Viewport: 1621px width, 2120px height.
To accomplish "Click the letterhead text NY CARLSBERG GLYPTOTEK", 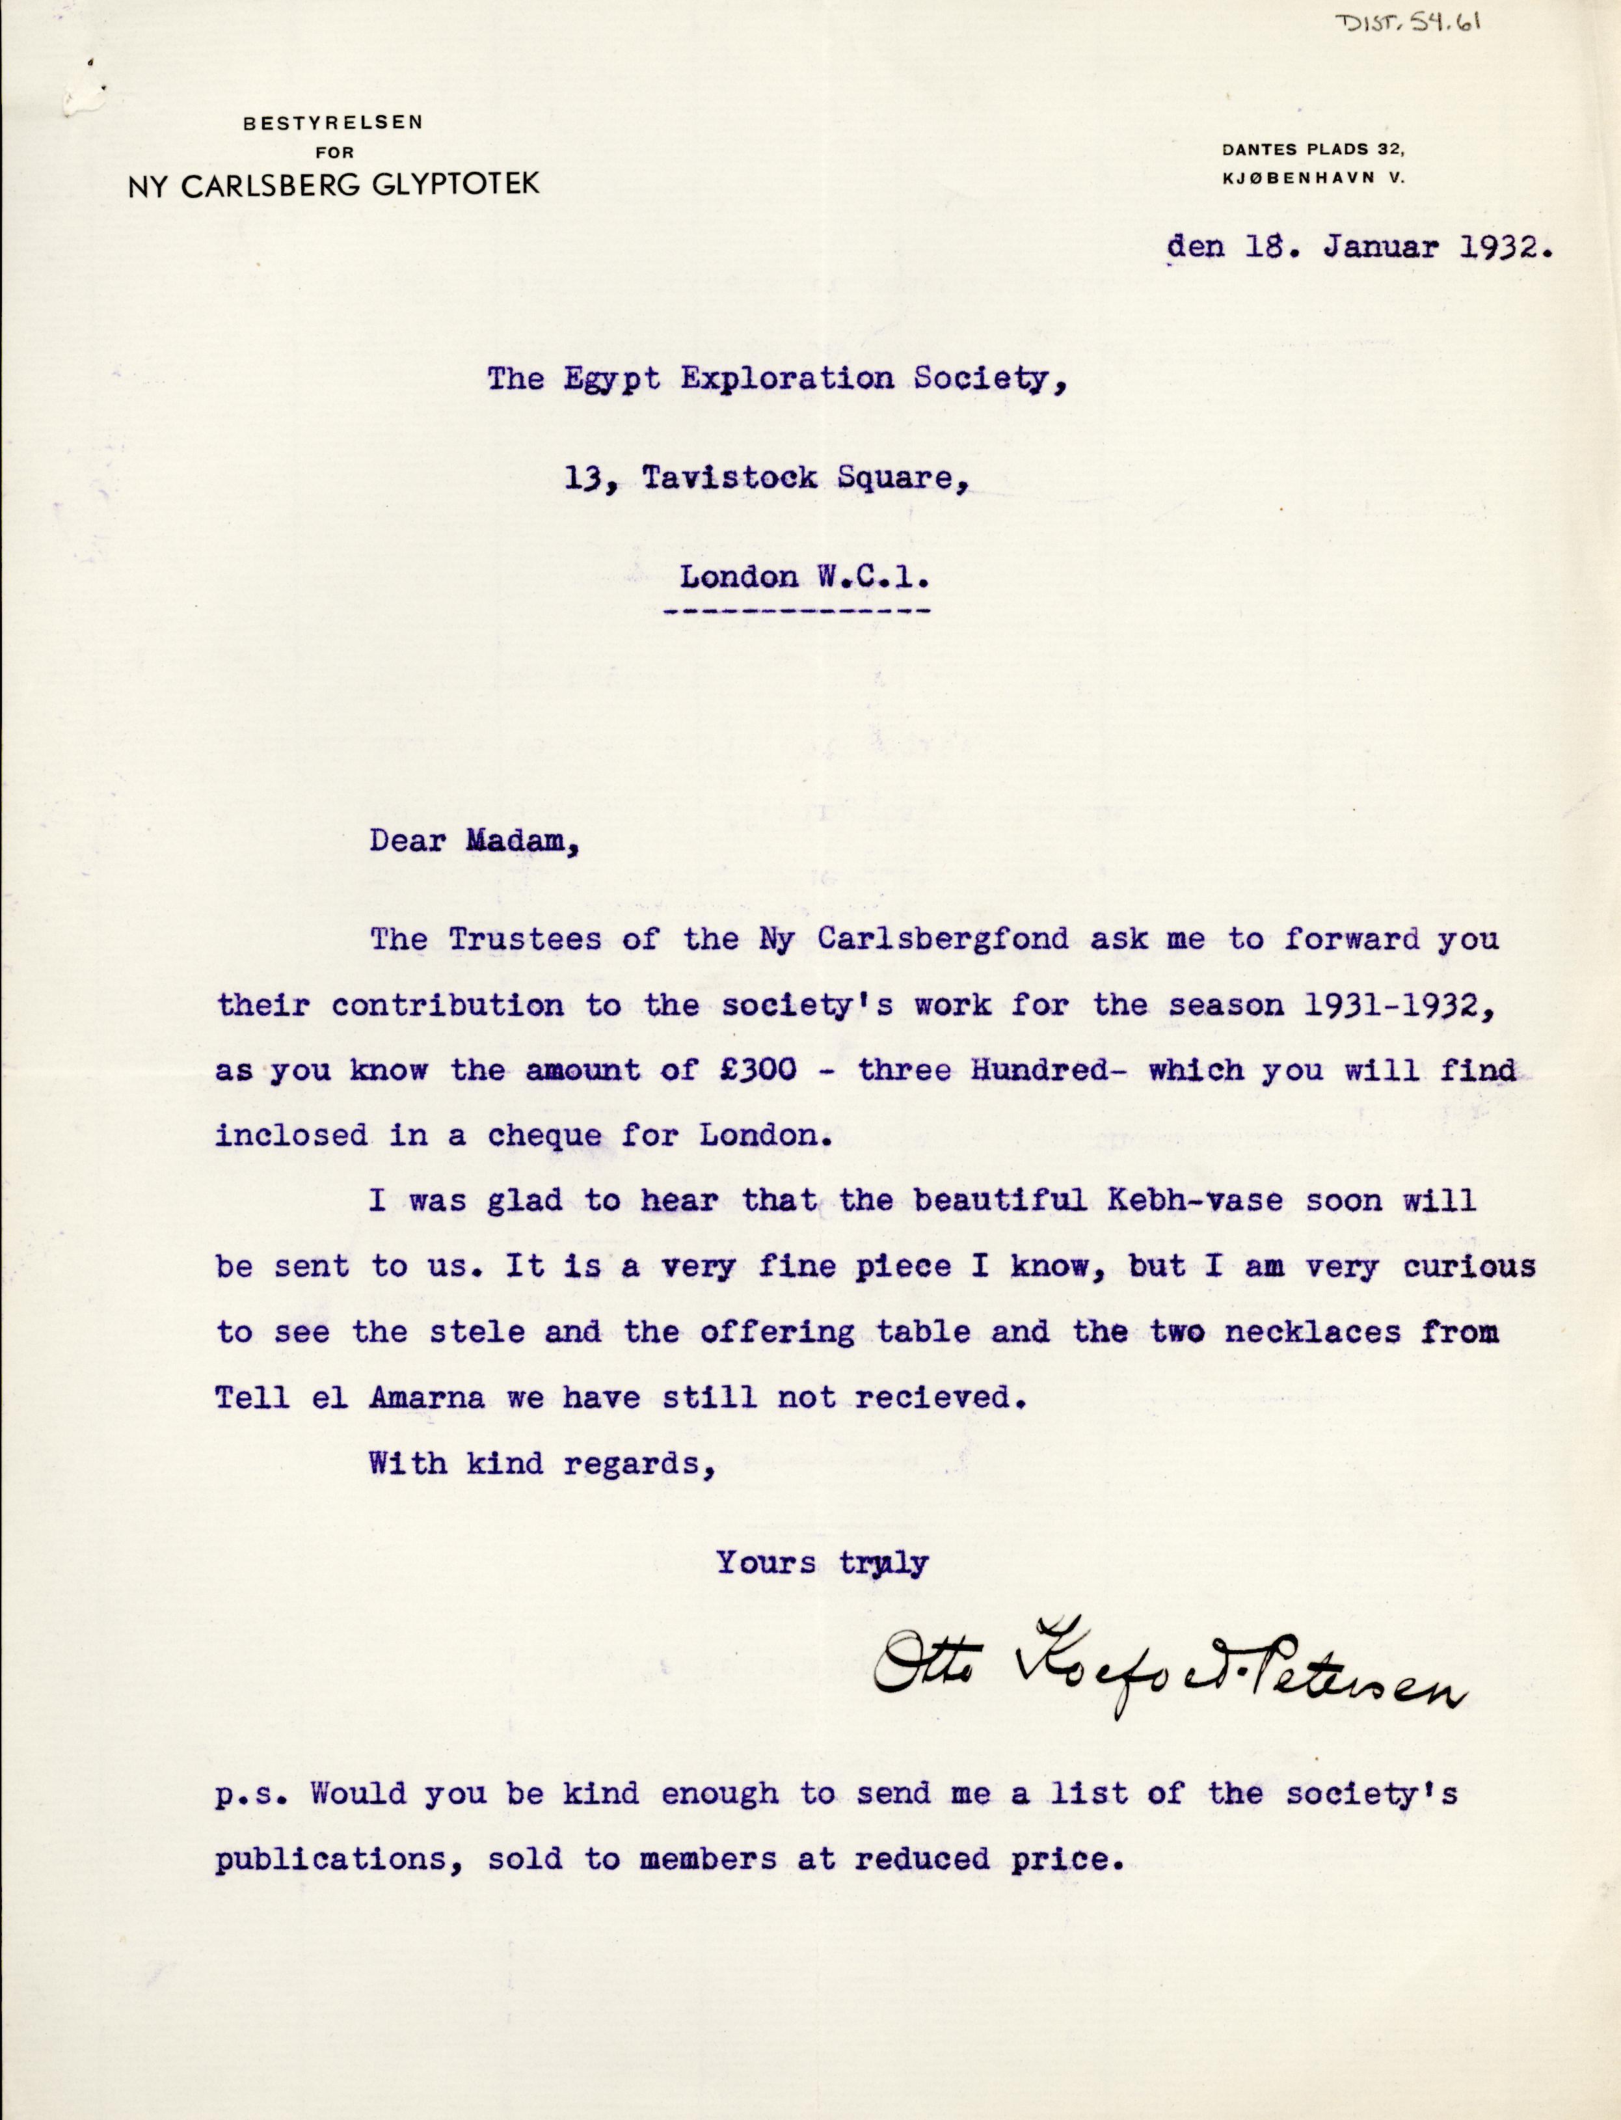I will click(x=333, y=185).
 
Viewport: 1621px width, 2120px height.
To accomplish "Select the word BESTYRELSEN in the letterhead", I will click(x=333, y=122).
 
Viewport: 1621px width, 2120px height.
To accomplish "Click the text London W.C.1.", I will click(x=805, y=577).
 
